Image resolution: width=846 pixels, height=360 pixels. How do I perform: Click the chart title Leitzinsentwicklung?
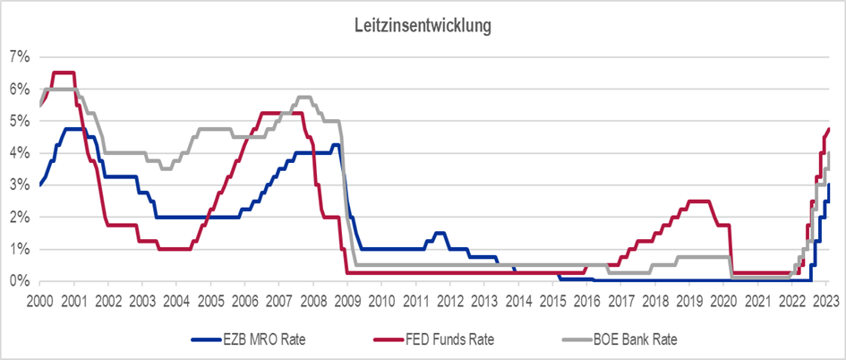[x=423, y=26]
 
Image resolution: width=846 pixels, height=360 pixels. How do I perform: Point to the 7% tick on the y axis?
[x=19, y=56]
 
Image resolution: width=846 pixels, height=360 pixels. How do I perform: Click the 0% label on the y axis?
[x=19, y=280]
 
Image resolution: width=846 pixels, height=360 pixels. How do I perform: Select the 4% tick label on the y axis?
[x=19, y=152]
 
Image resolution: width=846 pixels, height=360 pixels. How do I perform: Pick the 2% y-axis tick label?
[x=19, y=217]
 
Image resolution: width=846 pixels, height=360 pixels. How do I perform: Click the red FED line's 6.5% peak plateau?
[x=63, y=73]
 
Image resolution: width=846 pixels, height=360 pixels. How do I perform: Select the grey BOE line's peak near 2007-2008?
[x=303, y=97]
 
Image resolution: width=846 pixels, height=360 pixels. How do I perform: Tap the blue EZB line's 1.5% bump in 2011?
[x=440, y=233]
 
